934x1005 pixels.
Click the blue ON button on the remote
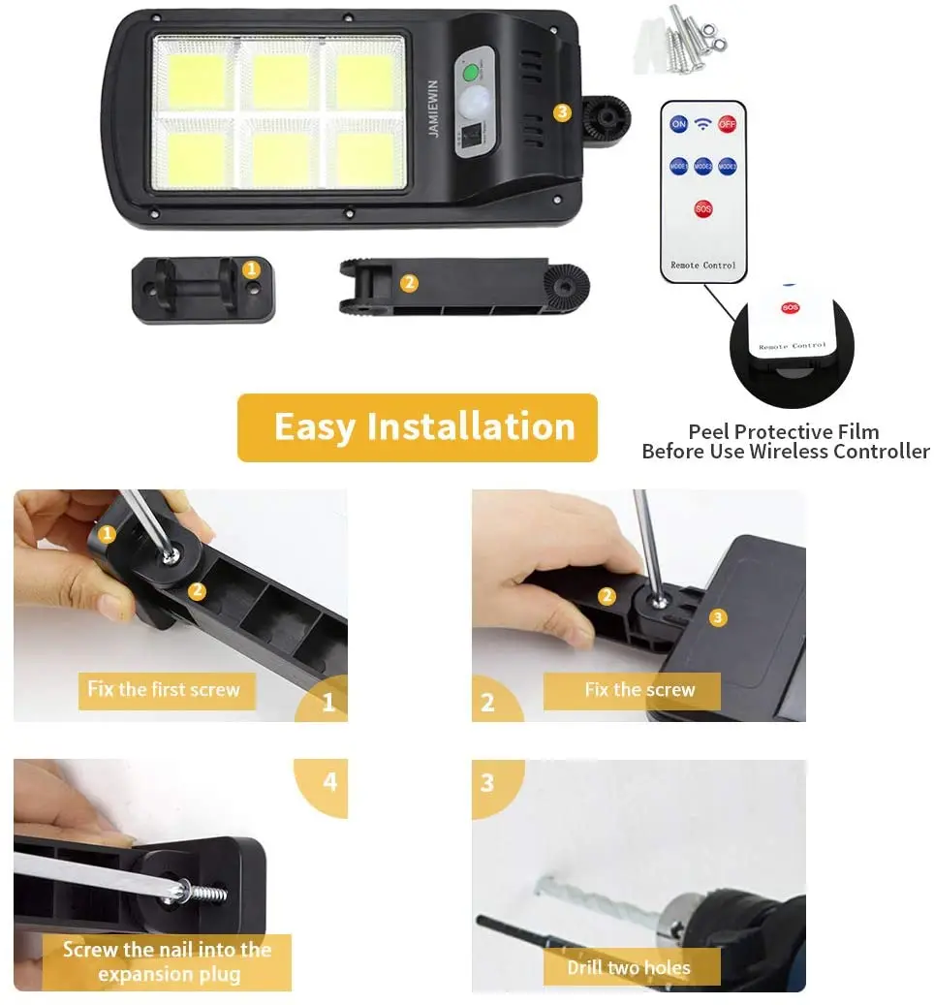tap(678, 124)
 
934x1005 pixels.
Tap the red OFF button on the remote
tap(727, 124)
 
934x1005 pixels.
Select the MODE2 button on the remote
tap(703, 167)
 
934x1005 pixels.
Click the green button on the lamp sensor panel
tap(471, 73)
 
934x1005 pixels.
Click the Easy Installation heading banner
tap(418, 427)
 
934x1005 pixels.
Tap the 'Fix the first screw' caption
tap(164, 690)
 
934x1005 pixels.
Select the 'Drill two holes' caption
tap(630, 967)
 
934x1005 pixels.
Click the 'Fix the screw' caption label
tap(639, 690)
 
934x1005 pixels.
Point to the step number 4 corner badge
tap(329, 781)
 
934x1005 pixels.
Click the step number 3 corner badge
tap(487, 781)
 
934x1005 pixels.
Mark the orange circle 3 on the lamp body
tap(562, 111)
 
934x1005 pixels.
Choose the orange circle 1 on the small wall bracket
tap(251, 268)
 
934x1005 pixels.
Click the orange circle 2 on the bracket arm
tap(408, 283)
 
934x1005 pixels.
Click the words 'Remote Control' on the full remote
tap(703, 265)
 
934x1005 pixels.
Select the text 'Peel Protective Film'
tap(783, 431)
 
